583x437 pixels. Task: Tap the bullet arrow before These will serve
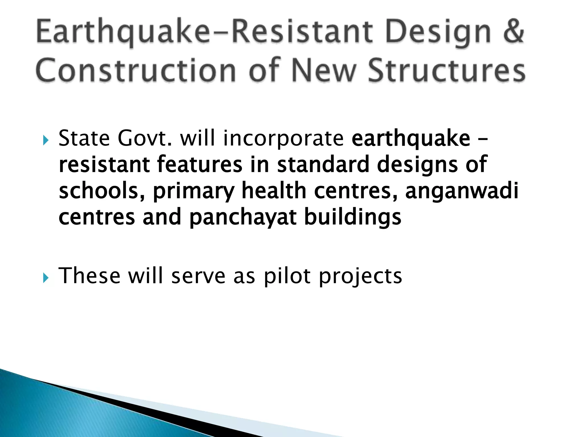[x=46, y=277]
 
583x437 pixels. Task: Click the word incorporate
[x=283, y=139]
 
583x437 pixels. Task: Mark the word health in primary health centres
[x=274, y=191]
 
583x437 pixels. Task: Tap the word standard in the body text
[x=323, y=164]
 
